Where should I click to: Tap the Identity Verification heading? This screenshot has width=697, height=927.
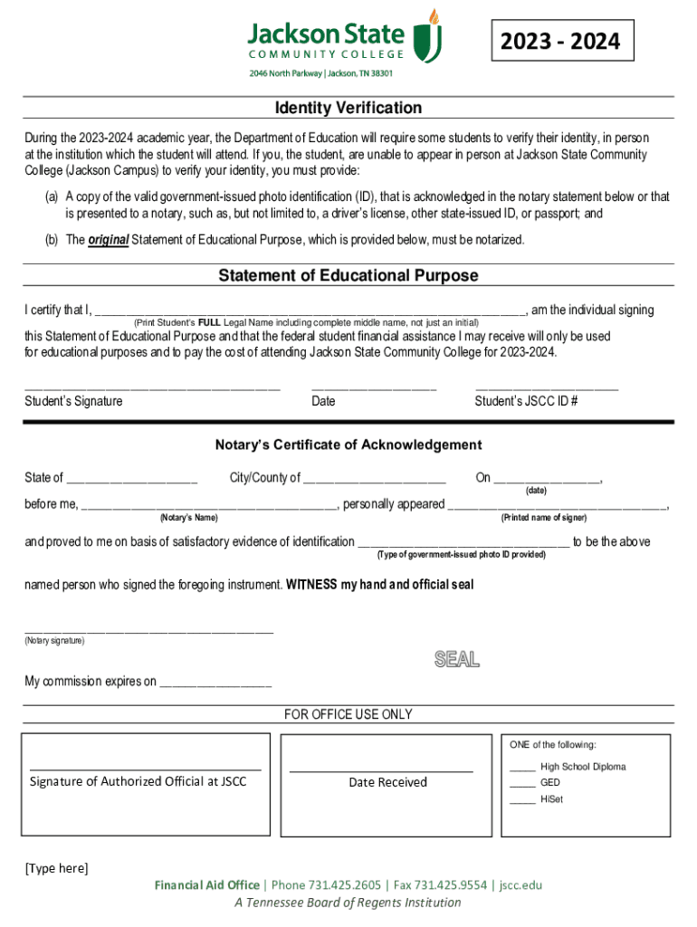[x=348, y=108]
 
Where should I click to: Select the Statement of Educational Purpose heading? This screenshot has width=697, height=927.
[x=348, y=275]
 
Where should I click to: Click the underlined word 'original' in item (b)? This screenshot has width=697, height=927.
[x=109, y=240]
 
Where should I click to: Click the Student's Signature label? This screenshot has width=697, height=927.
[x=73, y=401]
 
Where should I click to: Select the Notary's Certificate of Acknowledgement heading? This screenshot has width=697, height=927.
[x=348, y=444]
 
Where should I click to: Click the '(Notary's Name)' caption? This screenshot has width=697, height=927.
[x=188, y=518]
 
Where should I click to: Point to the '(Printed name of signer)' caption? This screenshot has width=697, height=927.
[x=543, y=518]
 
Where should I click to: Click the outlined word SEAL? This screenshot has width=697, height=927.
[x=456, y=659]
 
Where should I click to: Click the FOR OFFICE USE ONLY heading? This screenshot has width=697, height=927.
[x=348, y=714]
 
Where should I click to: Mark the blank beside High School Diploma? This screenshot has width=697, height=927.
[x=521, y=769]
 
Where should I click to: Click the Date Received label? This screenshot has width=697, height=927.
[x=387, y=782]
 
